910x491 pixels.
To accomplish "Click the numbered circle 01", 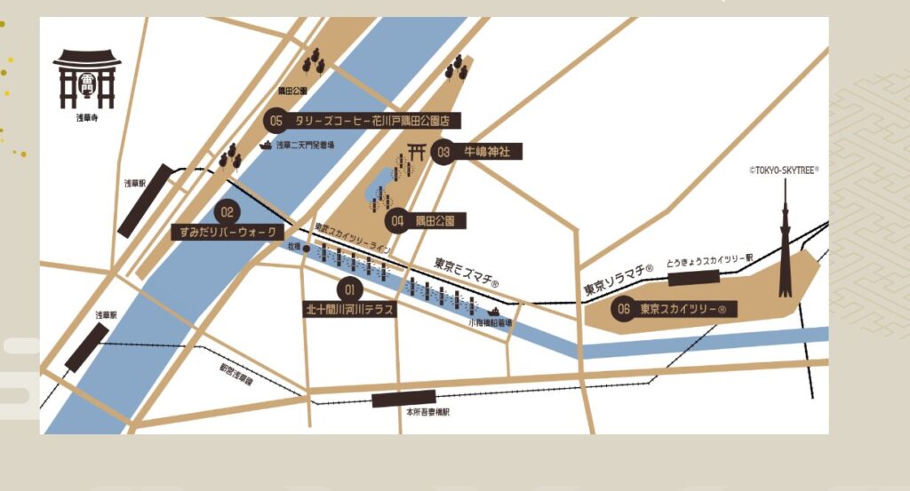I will pyautogui.click(x=349, y=289).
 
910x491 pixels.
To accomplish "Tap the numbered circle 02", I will pyautogui.click(x=227, y=212).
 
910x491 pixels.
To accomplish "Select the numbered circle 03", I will pyautogui.click(x=443, y=152).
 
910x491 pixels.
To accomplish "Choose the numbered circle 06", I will pyautogui.click(x=623, y=309).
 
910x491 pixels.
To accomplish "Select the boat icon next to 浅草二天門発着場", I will pyautogui.click(x=265, y=145).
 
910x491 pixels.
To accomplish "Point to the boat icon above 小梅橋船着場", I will pyautogui.click(x=491, y=311).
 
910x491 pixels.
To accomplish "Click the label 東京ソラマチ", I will pyautogui.click(x=619, y=281).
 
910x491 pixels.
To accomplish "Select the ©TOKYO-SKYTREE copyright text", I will pyautogui.click(x=783, y=170).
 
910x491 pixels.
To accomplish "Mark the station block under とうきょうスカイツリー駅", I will pyautogui.click(x=694, y=278).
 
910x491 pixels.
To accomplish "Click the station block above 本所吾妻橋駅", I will pyautogui.click(x=403, y=399).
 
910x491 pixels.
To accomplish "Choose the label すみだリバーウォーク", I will pyautogui.click(x=227, y=233).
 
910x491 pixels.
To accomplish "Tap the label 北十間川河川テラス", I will pyautogui.click(x=349, y=310).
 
